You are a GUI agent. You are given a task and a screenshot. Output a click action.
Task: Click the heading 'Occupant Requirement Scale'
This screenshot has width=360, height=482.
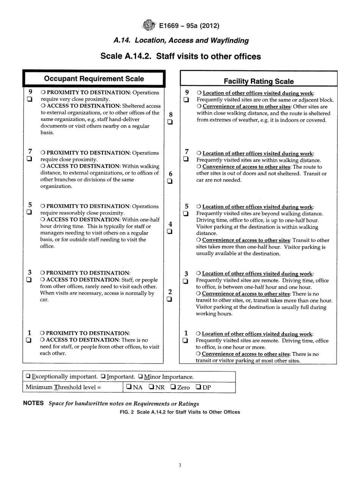(x=94, y=79)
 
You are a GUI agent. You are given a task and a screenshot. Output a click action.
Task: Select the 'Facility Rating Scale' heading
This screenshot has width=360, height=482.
(x=258, y=81)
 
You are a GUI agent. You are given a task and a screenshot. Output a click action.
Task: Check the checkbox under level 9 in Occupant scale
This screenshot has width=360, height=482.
(x=30, y=99)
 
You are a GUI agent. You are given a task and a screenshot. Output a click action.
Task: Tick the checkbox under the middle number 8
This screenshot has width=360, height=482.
(x=171, y=122)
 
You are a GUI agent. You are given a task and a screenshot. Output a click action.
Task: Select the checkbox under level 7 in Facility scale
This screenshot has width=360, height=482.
(x=186, y=158)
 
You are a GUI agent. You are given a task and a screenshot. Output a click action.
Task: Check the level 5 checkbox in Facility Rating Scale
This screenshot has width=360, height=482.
(x=186, y=214)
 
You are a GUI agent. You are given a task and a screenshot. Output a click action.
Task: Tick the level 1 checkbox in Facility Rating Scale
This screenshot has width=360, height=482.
(x=186, y=340)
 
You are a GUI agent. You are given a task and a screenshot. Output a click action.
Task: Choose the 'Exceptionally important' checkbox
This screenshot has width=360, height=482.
(x=28, y=377)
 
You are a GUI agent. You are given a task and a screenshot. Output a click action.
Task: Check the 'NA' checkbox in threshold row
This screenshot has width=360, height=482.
(x=129, y=388)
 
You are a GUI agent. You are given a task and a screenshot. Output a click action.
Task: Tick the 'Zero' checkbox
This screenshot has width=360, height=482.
(x=173, y=388)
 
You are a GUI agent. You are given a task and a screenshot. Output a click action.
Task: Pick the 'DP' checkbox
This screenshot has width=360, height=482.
(x=198, y=388)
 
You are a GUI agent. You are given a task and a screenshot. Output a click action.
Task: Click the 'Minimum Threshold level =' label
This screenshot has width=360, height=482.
(x=63, y=388)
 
